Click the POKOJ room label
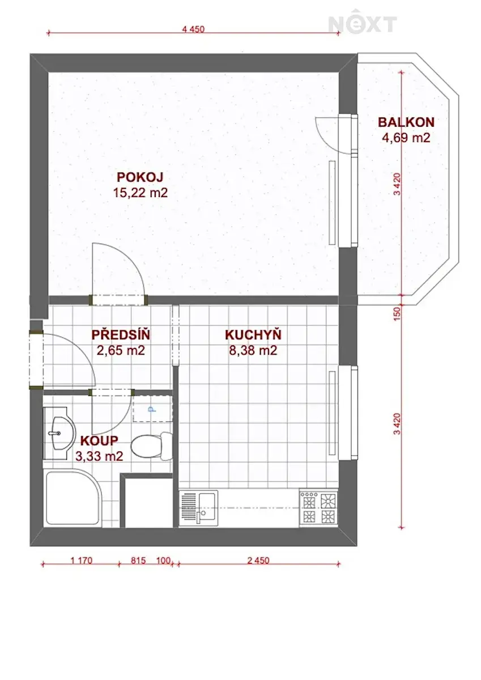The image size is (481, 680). pyautogui.click(x=140, y=177)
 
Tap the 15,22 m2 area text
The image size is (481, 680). pyautogui.click(x=140, y=193)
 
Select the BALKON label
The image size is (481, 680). pyautogui.click(x=406, y=122)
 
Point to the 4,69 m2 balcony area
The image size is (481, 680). pyautogui.click(x=406, y=138)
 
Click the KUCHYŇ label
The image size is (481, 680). pyautogui.click(x=253, y=334)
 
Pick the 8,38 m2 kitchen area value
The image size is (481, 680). pyautogui.click(x=253, y=350)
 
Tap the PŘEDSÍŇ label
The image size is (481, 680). pyautogui.click(x=121, y=334)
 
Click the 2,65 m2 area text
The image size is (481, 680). pyautogui.click(x=121, y=350)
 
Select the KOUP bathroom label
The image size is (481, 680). pyautogui.click(x=99, y=441)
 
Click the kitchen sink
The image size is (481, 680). pyautogui.click(x=198, y=508)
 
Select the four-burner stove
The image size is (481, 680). pyautogui.click(x=318, y=508)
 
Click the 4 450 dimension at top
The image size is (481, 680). pyautogui.click(x=193, y=29)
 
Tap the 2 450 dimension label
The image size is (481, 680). pyautogui.click(x=258, y=560)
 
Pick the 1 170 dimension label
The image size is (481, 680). pyautogui.click(x=82, y=560)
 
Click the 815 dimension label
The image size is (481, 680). pyautogui.click(x=138, y=560)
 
